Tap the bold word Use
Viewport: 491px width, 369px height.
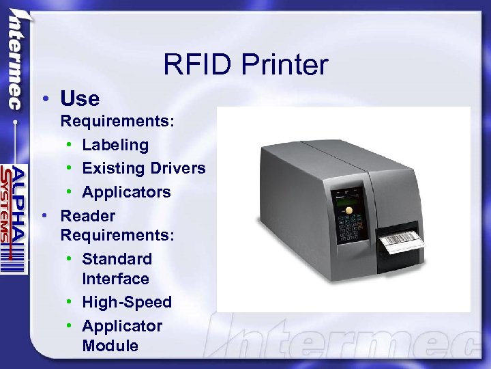pyautogui.click(x=80, y=99)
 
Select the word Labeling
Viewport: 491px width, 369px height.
pyautogui.click(x=115, y=145)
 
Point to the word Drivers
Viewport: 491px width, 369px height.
pyautogui.click(x=180, y=168)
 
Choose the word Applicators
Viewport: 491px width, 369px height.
pyautogui.click(x=126, y=192)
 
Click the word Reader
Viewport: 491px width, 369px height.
pyautogui.click(x=88, y=216)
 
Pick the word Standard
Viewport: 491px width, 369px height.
pyautogui.click(x=117, y=259)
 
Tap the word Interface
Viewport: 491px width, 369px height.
pyautogui.click(x=115, y=279)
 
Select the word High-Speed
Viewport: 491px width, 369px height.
pyautogui.click(x=127, y=302)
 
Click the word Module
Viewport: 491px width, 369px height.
pyautogui.click(x=110, y=346)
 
